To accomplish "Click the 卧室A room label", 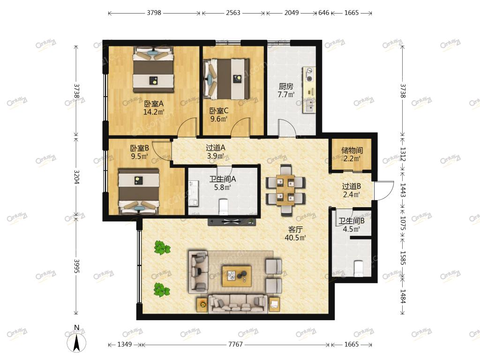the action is coord(154,104).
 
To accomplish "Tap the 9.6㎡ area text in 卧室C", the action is coord(219,119).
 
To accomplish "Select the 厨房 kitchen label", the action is coord(285,87).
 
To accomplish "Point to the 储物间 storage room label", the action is coord(352,150).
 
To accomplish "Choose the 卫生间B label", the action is coord(352,221).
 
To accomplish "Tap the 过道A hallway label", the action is coord(216,148).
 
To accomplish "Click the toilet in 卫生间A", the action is coord(224,207).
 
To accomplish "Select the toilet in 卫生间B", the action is coord(359,268).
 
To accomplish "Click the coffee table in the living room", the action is coord(237,276).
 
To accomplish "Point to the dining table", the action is coord(285,190).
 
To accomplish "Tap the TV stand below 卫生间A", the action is coord(232,222).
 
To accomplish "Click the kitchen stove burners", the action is coord(309,75).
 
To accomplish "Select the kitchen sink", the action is coord(309,105).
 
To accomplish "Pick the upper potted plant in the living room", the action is coord(162,247).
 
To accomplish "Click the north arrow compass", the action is coord(76,342).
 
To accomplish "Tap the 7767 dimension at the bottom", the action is coord(235,345).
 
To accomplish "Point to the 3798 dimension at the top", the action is coord(154,13).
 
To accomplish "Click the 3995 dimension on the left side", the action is coord(76,267).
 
